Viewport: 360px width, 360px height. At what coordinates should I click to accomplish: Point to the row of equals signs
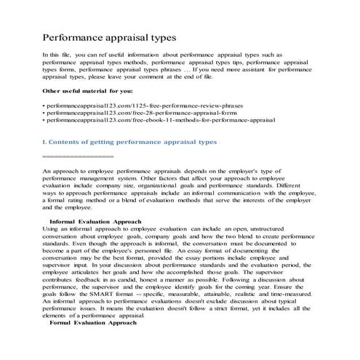pos(78,156)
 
